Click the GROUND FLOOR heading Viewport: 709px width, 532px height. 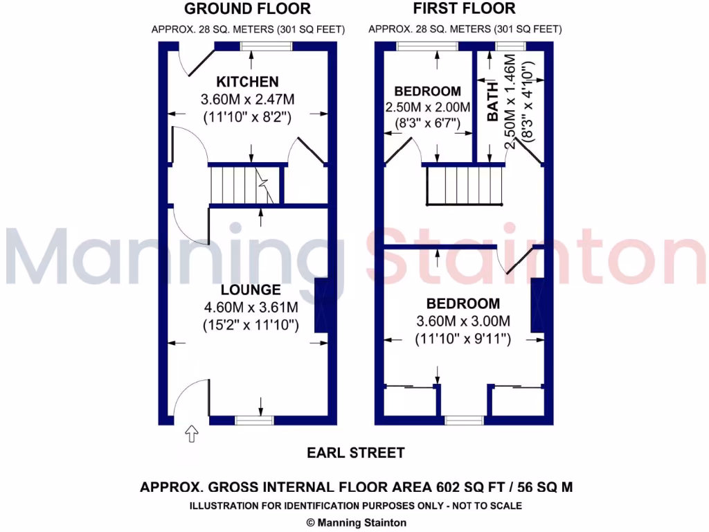click(x=246, y=9)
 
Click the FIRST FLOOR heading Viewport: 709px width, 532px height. click(x=464, y=9)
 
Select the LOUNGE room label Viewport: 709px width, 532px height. click(x=251, y=290)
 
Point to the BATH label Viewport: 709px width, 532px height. click(x=492, y=102)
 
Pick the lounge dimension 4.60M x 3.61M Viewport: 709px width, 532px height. click(x=251, y=307)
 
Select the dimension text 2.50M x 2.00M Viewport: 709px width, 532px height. click(x=427, y=108)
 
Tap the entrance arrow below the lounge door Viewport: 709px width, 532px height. click(x=192, y=434)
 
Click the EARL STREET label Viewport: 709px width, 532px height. click(x=356, y=453)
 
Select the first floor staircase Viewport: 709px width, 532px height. click(x=463, y=186)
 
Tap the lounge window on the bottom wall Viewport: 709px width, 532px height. click(x=254, y=420)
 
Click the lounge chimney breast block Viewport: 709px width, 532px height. click(x=321, y=305)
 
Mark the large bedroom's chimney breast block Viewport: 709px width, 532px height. click(x=537, y=305)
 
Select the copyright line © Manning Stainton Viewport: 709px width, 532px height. click(x=356, y=523)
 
